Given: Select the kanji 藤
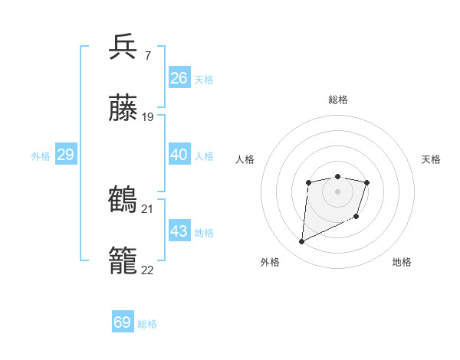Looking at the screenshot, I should click(123, 109).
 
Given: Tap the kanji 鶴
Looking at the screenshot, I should click(123, 199).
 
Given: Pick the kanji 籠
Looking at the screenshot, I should click(123, 261).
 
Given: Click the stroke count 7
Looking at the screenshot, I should click(147, 55).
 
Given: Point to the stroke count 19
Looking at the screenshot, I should click(148, 117).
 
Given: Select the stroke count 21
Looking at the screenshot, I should click(148, 208).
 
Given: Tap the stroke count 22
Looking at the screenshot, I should click(148, 270).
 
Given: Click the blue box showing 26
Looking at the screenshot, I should click(179, 78).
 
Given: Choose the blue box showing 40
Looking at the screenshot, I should click(179, 155).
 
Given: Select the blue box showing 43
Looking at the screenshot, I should click(179, 231).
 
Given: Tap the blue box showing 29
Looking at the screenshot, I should click(65, 155).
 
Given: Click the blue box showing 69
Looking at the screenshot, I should click(123, 322).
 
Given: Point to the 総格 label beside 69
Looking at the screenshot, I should click(147, 324).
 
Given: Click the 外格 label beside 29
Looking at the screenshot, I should click(41, 156).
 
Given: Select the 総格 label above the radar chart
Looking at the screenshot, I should click(337, 100).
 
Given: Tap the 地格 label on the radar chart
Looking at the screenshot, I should click(402, 262).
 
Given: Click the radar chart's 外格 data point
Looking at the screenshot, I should click(301, 242).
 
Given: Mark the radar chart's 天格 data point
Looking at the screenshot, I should click(367, 182).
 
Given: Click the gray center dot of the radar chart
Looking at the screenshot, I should click(337, 191).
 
